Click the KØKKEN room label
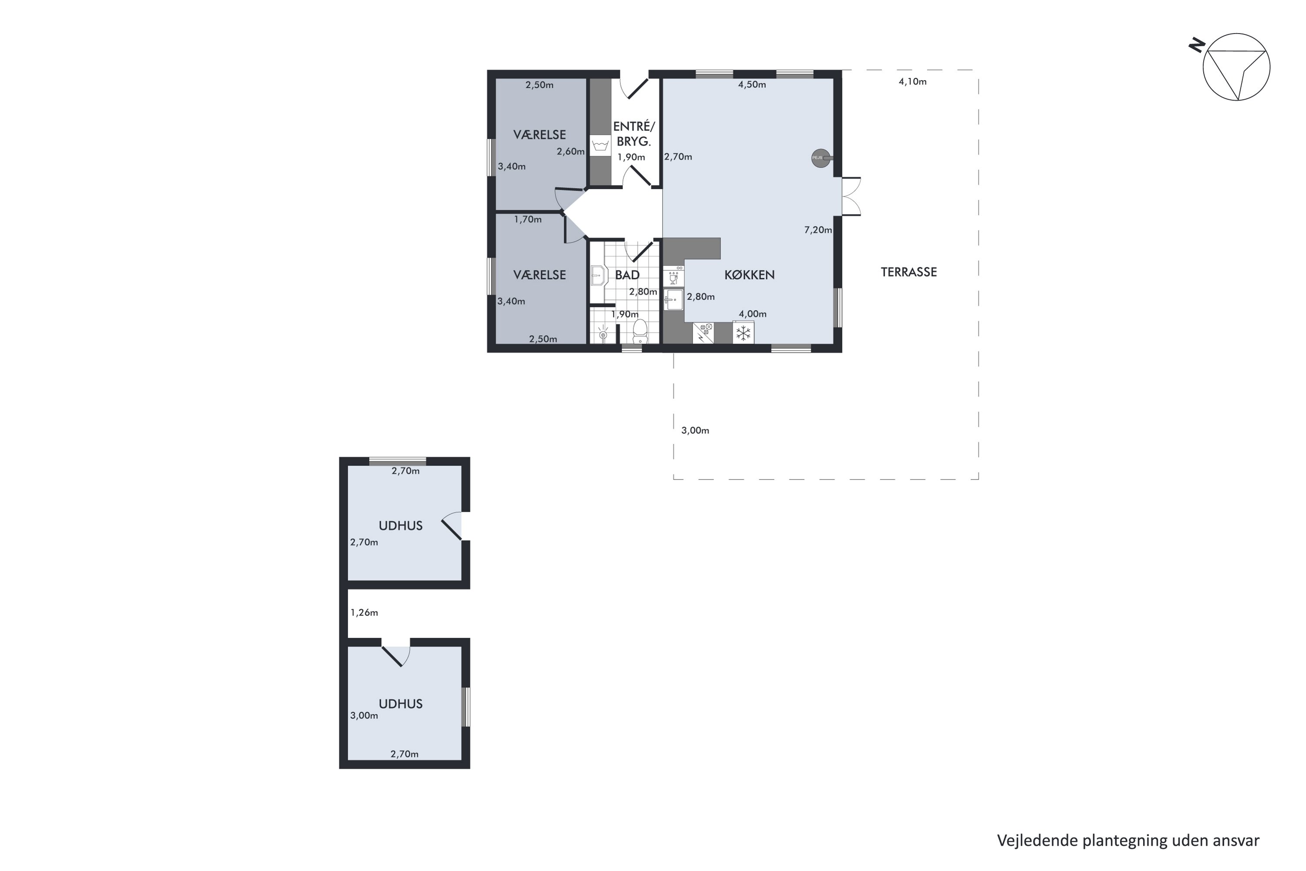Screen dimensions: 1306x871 pyautogui.click(x=749, y=275)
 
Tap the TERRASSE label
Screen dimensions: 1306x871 pyautogui.click(x=909, y=272)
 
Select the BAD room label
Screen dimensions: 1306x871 pyautogui.click(x=627, y=275)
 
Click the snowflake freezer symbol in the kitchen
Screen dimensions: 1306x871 pyautogui.click(x=743, y=333)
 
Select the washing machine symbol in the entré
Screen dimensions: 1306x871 pyautogui.click(x=600, y=145)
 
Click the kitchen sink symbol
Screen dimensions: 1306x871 pyautogui.click(x=673, y=300)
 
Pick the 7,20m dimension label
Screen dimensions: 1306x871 pyautogui.click(x=818, y=230)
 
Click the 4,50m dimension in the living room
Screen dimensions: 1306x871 pyautogui.click(x=752, y=85)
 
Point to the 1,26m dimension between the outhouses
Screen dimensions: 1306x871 pyautogui.click(x=364, y=613)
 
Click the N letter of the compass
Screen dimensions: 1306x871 pyautogui.click(x=1197, y=45)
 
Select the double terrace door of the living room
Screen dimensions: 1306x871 pyautogui.click(x=851, y=196)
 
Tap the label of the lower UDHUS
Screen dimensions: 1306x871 pyautogui.click(x=401, y=704)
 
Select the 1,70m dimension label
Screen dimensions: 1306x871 pyautogui.click(x=528, y=219)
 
